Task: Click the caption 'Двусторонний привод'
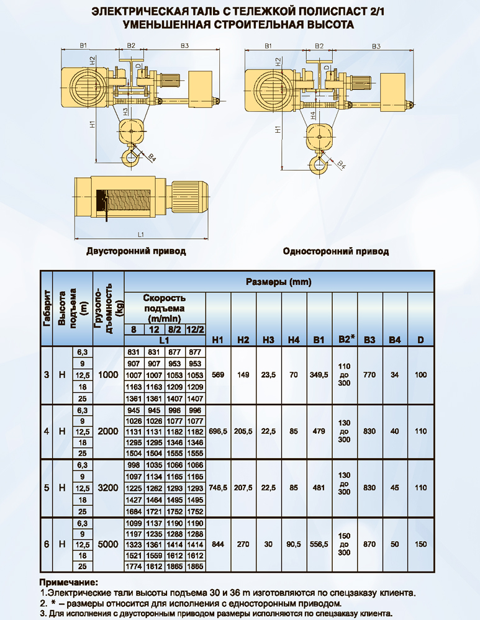[x=136, y=251]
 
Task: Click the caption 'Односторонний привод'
[x=336, y=251]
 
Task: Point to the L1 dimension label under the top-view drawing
[x=141, y=235]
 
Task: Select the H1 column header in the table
[x=218, y=339]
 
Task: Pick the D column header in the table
[x=420, y=339]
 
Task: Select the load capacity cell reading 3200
[x=108, y=488]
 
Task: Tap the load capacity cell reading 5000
[x=108, y=544]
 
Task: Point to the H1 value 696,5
[x=218, y=431]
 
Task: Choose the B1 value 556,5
[x=319, y=544]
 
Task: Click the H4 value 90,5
[x=294, y=544]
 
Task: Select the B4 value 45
[x=395, y=488]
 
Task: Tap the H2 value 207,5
[x=243, y=488]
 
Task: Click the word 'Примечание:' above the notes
[x=68, y=583]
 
